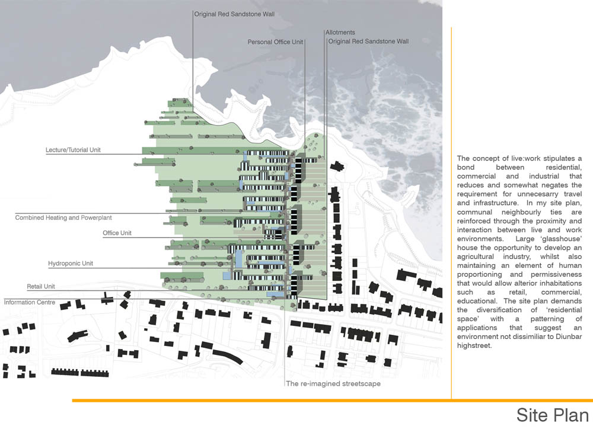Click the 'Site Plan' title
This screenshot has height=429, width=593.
coord(553,415)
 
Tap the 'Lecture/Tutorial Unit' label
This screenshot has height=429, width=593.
coord(73,150)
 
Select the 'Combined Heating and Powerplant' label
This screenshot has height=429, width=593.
coord(63,217)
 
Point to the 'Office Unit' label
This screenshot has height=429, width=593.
coord(117,233)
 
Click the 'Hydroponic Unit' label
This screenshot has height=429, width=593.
coord(71,264)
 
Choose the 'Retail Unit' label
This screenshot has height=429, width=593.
coord(41,287)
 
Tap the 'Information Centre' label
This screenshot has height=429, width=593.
coord(30,302)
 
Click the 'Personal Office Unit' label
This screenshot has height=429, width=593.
coord(275,42)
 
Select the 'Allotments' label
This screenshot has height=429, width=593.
coord(340,33)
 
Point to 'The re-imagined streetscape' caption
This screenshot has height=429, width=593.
coord(333,383)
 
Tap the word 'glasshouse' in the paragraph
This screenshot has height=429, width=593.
coord(561,239)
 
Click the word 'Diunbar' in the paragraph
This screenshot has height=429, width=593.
coord(569,337)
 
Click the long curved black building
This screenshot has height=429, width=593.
coord(228,357)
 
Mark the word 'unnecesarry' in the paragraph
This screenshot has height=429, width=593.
coord(538,194)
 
